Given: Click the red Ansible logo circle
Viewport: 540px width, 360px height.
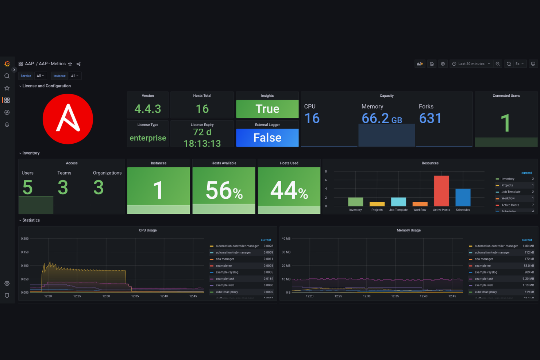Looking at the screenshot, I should [x=68, y=119].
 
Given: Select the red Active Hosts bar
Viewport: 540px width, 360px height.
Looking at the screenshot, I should [x=441, y=191].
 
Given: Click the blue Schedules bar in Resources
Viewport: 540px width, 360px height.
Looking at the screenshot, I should [x=463, y=197].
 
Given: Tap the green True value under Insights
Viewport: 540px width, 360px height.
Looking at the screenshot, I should [x=267, y=109].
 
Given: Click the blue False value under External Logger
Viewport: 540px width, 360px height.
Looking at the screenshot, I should [x=267, y=138].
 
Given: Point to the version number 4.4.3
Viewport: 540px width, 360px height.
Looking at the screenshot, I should [x=147, y=109].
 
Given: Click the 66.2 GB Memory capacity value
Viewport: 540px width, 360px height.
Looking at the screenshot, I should [x=381, y=118].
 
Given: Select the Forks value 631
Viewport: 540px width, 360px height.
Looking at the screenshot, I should [x=430, y=118].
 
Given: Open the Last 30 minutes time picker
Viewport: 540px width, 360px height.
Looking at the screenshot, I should [x=471, y=64].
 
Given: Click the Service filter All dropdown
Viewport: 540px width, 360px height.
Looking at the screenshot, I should [x=40, y=76].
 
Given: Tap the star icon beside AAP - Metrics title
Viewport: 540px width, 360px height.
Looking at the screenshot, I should [x=70, y=64].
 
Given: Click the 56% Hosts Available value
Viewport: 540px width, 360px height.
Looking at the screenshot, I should [x=224, y=190].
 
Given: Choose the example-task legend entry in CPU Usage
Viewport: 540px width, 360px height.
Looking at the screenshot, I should [x=225, y=279].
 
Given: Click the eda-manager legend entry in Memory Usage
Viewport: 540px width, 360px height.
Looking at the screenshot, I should [x=483, y=259].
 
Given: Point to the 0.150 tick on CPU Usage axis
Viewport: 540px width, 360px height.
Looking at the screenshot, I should [x=25, y=252].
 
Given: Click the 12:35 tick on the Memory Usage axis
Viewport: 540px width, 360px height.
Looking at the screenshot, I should [x=395, y=296].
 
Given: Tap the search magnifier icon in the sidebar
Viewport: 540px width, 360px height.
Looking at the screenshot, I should [x=7, y=76].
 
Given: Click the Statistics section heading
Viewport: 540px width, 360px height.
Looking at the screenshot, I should [x=31, y=220].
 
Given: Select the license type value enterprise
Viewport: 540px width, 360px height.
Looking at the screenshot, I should [x=148, y=138].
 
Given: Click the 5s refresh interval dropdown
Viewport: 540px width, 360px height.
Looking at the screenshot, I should [x=520, y=64].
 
